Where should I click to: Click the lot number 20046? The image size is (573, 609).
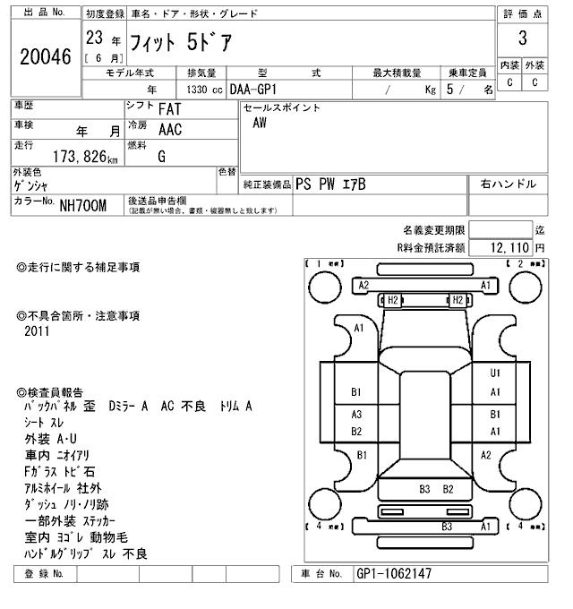pos(44,57)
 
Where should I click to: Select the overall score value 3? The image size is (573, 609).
pos(522,39)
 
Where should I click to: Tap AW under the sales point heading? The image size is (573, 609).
pos(260,124)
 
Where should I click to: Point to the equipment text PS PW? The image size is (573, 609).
pos(317,184)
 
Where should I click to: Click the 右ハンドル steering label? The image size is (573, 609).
pos(509,184)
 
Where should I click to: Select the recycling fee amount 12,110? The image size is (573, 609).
pos(511,246)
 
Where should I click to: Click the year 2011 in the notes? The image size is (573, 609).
pos(38,331)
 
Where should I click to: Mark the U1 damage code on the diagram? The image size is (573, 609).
pos(495,373)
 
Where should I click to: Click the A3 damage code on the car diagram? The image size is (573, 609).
pos(356,415)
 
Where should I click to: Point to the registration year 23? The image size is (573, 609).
pos(94,39)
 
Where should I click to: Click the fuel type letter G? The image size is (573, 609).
pos(161,157)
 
